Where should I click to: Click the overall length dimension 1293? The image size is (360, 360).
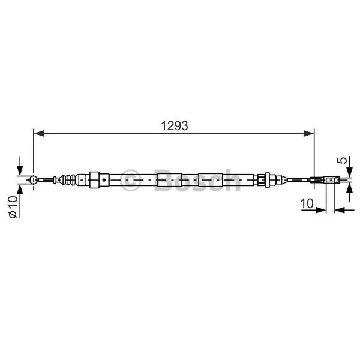pyautogui.click(x=174, y=126)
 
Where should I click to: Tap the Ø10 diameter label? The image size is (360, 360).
pyautogui.click(x=13, y=206)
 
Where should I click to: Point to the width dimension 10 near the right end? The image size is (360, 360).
pyautogui.click(x=307, y=203)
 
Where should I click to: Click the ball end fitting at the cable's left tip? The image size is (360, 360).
pyautogui.click(x=34, y=179)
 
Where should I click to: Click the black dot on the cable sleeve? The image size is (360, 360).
pyautogui.click(x=104, y=180)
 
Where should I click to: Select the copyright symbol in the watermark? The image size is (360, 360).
pyautogui.click(x=130, y=180)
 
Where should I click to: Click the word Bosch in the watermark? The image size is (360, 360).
pyautogui.click(x=197, y=180)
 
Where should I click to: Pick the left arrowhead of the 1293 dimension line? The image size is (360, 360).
pyautogui.click(x=39, y=133)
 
